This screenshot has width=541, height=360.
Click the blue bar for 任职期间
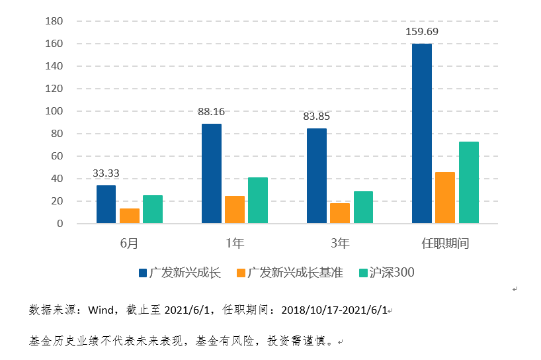coord(421,134)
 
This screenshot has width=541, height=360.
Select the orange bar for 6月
coord(130,216)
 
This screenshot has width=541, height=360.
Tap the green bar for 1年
coord(258,201)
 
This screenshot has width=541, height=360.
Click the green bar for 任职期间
coord(468,183)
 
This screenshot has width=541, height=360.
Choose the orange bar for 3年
coord(340,213)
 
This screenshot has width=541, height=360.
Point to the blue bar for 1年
coord(211,173)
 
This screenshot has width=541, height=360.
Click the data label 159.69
coord(421,31)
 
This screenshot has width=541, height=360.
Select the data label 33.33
coord(106,173)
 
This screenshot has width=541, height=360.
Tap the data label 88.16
coord(211,111)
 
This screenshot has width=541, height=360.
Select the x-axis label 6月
coord(130,244)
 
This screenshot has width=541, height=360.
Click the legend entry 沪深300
coord(392,272)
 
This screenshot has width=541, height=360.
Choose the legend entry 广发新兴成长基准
coord(295,272)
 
